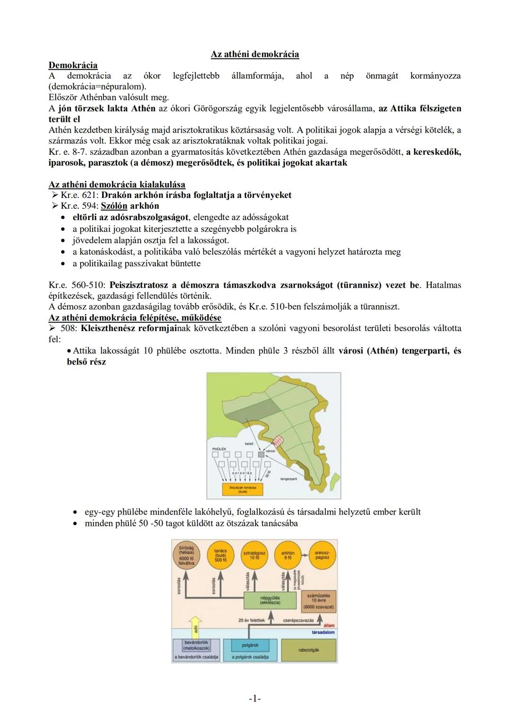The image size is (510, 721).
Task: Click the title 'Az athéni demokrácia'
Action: click(255, 54)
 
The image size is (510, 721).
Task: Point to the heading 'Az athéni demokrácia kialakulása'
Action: click(117, 184)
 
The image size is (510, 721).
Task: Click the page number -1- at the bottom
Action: click(255, 698)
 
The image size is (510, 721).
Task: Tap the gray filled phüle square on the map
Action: click(261, 454)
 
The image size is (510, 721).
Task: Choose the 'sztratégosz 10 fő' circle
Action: click(254, 555)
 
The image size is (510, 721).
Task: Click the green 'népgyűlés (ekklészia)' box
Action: click(270, 600)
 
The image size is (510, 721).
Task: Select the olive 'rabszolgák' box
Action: click(309, 650)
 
